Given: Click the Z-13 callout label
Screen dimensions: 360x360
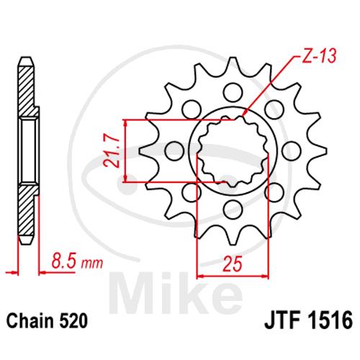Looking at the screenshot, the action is point(318,57).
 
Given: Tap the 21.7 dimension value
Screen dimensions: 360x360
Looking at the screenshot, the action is point(112,150).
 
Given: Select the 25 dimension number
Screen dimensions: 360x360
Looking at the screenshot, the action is point(232,264).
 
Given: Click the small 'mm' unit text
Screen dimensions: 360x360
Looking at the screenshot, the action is point(92,264).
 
